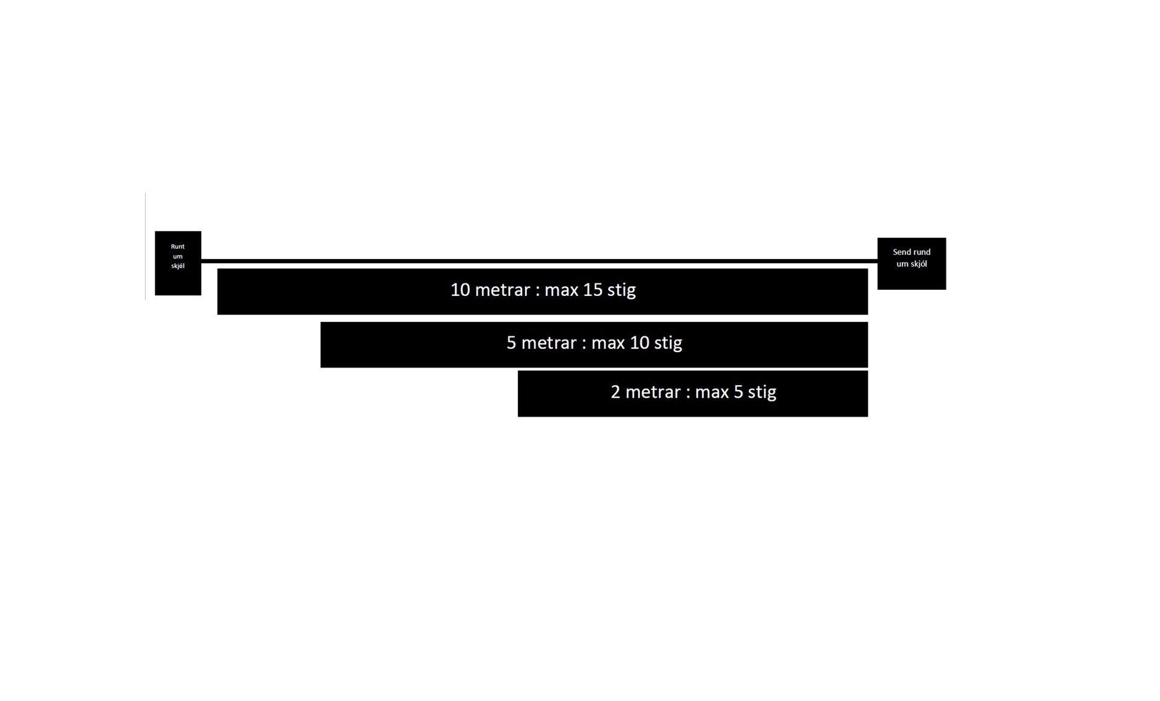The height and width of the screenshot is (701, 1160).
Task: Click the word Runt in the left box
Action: tap(178, 246)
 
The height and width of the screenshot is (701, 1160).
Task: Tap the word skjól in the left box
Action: tap(178, 266)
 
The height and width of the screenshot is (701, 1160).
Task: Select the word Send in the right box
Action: tap(903, 252)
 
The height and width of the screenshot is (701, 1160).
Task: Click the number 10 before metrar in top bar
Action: tap(460, 290)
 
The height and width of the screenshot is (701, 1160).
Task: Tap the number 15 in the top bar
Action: tap(593, 290)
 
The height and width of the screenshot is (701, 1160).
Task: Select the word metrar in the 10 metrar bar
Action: tap(503, 290)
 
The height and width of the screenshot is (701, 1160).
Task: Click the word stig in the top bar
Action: tap(622, 290)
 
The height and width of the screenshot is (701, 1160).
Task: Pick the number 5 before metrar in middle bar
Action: tap(511, 343)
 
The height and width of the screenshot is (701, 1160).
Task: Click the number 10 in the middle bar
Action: tap(639, 343)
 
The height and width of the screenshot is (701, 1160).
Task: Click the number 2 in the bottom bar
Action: tap(616, 392)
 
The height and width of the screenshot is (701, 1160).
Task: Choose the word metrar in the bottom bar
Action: tap(653, 392)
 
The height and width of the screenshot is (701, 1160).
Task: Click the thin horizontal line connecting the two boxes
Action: tap(539, 261)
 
